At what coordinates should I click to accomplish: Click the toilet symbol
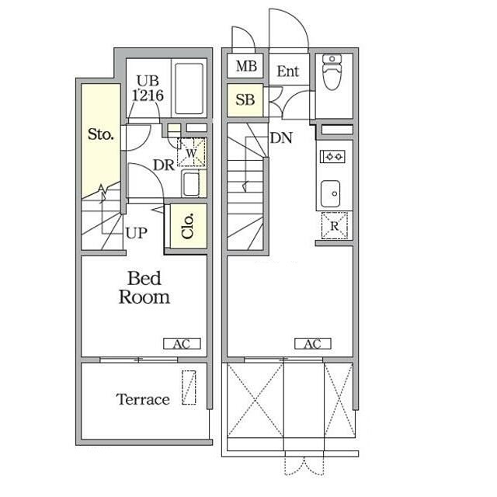click(332, 72)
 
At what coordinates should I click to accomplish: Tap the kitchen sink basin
click(330, 193)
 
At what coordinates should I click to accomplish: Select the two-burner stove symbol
click(332, 157)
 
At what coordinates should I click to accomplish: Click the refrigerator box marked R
click(335, 225)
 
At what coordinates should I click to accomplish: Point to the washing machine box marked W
click(191, 152)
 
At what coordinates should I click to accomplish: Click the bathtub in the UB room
click(189, 89)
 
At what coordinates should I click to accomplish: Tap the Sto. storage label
click(100, 134)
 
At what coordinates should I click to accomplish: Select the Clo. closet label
click(188, 226)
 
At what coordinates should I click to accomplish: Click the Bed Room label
click(144, 287)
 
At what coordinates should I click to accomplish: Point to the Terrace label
click(143, 399)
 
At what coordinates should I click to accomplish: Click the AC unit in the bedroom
click(182, 343)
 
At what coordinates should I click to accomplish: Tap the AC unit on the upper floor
click(313, 343)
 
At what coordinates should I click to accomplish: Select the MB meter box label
click(246, 66)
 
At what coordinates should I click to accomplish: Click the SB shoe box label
click(245, 100)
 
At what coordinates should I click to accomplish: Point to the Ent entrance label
click(288, 71)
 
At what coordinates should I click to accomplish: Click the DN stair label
click(281, 137)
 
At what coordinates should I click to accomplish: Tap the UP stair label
click(137, 233)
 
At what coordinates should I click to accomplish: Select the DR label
click(164, 165)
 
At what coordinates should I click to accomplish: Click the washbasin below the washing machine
click(190, 183)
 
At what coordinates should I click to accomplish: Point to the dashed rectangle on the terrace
click(189, 388)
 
